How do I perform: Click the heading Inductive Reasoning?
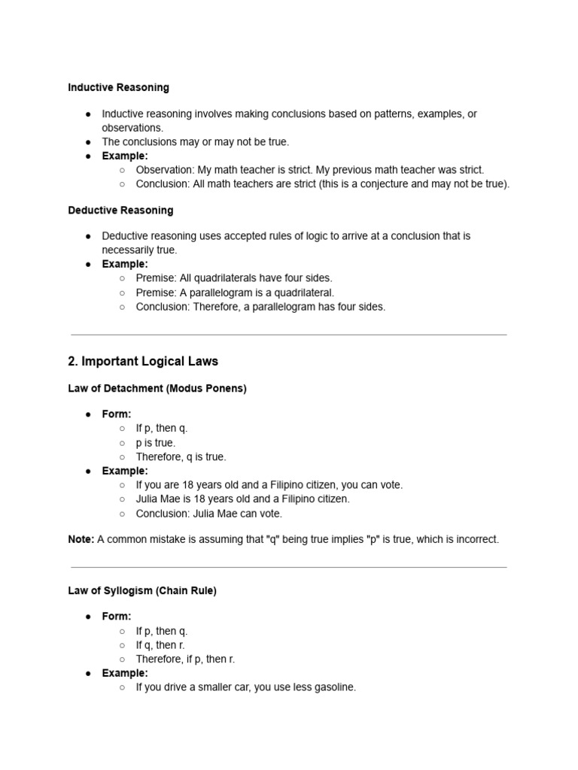click(x=118, y=87)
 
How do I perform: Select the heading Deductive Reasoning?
click(x=120, y=210)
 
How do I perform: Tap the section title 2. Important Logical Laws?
click(x=143, y=361)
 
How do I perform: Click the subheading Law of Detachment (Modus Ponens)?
click(x=157, y=389)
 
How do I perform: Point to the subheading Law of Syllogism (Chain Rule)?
click(x=142, y=591)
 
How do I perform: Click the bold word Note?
click(x=81, y=539)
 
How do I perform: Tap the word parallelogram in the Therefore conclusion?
click(x=283, y=307)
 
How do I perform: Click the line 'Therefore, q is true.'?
click(x=181, y=456)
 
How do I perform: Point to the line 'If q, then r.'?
click(x=160, y=645)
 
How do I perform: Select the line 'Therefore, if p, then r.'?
click(x=185, y=659)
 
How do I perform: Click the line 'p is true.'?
click(x=156, y=443)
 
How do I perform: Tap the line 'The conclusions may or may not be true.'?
click(x=195, y=141)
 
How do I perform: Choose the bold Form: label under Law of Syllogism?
click(x=117, y=617)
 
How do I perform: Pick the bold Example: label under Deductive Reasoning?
click(x=125, y=264)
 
